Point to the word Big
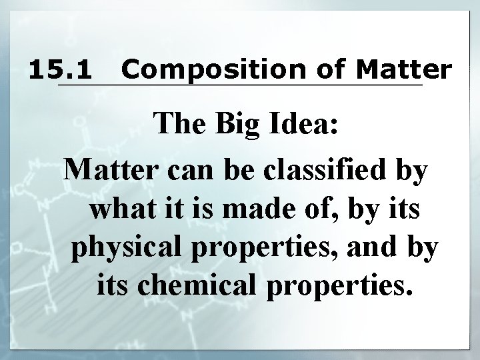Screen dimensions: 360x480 (x=235, y=127)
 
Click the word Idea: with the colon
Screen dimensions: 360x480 (x=304, y=127)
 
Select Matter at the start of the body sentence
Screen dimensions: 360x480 (x=111, y=170)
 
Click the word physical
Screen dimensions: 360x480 (x=121, y=249)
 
